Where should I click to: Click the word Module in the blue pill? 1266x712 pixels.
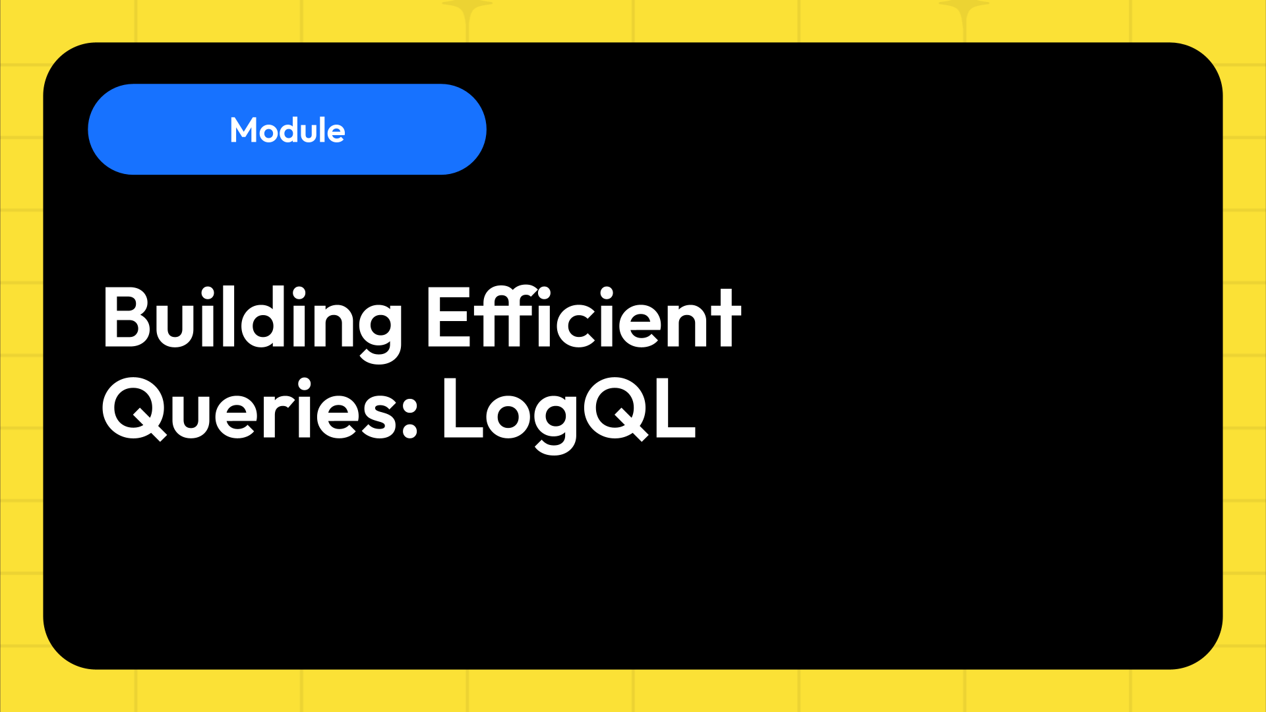(x=287, y=130)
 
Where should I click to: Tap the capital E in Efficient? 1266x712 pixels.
(x=449, y=318)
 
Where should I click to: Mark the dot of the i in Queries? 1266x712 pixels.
(x=304, y=384)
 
